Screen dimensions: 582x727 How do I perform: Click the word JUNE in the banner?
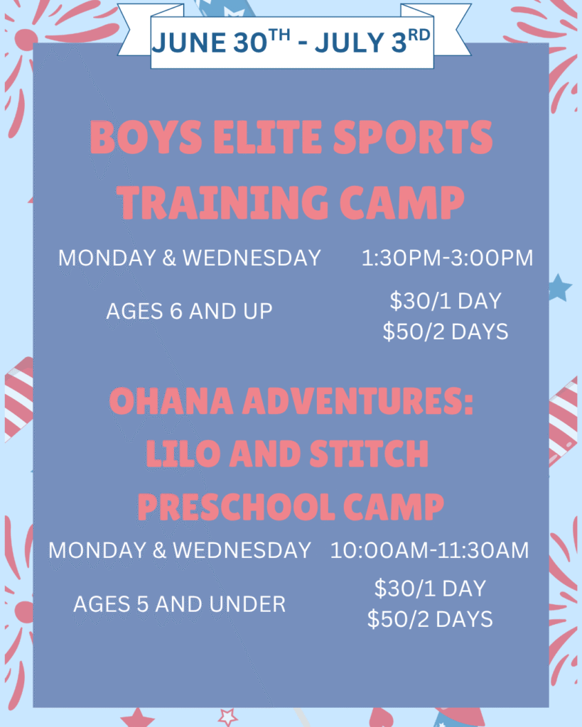point(189,43)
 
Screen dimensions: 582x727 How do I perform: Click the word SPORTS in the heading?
point(413,137)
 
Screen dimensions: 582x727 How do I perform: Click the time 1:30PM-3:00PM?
point(448,258)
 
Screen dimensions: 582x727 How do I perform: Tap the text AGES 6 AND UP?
point(189,311)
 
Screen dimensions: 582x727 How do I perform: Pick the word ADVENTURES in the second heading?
point(358,400)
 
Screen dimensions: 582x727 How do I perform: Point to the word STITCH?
point(369,453)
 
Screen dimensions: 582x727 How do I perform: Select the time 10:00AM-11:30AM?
point(430,550)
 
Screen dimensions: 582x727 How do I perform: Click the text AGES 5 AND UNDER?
point(180,604)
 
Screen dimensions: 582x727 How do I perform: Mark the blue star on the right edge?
point(560,288)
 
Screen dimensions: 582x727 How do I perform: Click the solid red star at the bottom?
point(137,718)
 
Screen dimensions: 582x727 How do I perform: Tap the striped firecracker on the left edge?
point(18,399)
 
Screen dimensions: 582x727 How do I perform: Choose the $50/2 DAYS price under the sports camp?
point(446,332)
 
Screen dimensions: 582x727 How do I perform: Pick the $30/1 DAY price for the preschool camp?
point(430,589)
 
